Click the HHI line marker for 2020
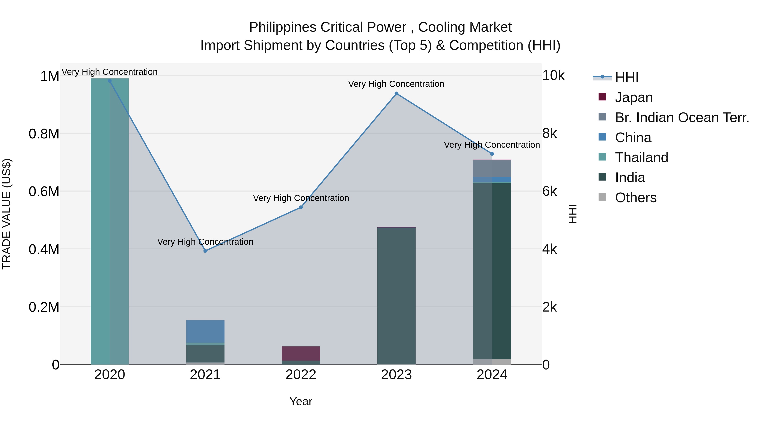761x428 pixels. point(109,81)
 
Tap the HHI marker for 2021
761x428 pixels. point(205,251)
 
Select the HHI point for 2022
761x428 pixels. point(301,207)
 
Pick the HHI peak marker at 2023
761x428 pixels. point(396,94)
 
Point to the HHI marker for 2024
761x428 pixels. point(492,154)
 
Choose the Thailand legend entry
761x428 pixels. point(641,157)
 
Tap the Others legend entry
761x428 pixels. point(635,198)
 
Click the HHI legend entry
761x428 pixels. point(626,77)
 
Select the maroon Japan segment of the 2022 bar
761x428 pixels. point(301,353)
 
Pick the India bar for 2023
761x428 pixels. point(396,295)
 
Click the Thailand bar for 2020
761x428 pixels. point(109,222)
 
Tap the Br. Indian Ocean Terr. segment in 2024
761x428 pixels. point(492,168)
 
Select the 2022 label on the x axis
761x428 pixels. point(301,375)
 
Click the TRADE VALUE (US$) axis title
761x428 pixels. point(7,214)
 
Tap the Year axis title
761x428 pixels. point(301,401)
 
